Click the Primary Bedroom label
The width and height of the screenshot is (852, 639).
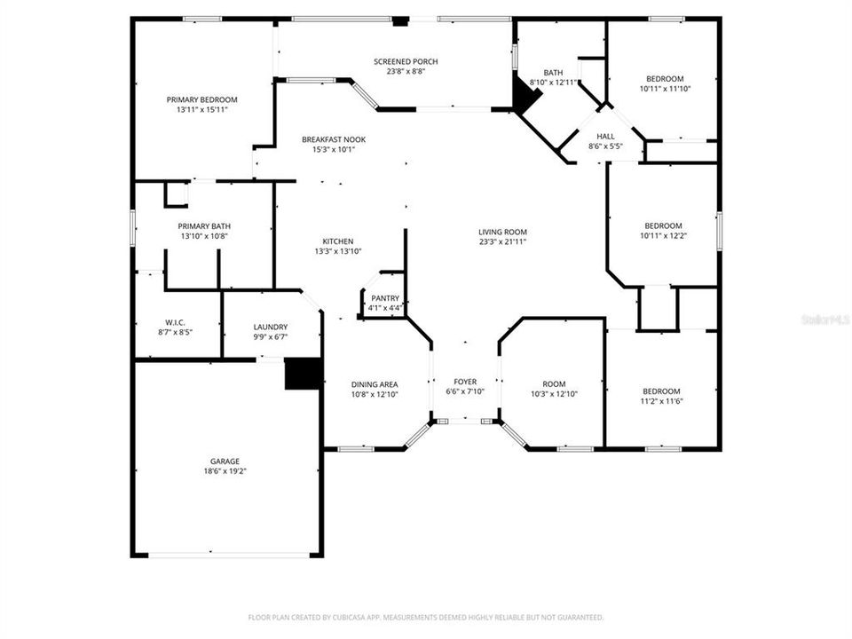pos(202,100)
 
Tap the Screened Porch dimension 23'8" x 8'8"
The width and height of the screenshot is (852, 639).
pos(406,72)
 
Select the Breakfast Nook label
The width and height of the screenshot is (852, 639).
pos(333,139)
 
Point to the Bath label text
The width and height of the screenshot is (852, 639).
pos(553,73)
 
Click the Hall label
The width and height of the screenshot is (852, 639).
pos(605,136)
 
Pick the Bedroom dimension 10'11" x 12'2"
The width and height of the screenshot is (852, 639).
pos(663,236)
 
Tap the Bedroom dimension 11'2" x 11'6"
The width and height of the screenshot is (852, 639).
pos(661,401)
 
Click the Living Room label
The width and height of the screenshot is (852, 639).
pos(503,232)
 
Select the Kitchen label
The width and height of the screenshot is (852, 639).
pos(338,241)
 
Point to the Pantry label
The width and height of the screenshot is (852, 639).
pos(385,298)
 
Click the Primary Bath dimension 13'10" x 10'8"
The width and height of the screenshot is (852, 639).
pos(204,236)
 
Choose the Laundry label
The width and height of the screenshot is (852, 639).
pos(270,327)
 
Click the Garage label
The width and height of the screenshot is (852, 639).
pos(225,461)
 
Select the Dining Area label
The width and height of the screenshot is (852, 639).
pos(375,383)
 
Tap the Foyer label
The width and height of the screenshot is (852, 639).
pos(466,382)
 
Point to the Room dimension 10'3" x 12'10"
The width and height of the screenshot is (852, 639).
pos(554,394)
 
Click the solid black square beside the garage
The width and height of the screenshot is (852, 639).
pos(302,373)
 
